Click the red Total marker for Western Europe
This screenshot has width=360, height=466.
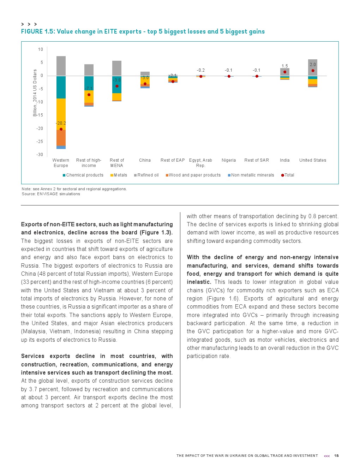click(x=61, y=129)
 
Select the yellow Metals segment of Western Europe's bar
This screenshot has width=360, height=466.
click(x=61, y=114)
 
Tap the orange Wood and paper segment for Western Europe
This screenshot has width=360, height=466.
click(x=61, y=138)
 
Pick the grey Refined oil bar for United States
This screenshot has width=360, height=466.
click(x=313, y=67)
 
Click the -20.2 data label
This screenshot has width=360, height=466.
click(x=61, y=123)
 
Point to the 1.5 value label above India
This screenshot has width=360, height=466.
click(x=285, y=66)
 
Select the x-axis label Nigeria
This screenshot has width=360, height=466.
click(x=229, y=160)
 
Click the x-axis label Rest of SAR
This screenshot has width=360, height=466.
click(x=257, y=160)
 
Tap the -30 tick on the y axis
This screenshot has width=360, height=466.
click(x=40, y=155)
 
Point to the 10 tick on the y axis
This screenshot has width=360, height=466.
click(x=41, y=49)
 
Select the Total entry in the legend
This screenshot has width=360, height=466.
click(x=288, y=175)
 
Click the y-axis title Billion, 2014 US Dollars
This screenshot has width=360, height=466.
click(x=35, y=93)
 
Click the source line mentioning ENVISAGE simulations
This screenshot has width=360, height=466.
click(x=51, y=194)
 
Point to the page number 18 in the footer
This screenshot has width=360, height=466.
click(x=336, y=456)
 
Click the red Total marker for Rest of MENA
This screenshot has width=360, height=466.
click(x=117, y=86)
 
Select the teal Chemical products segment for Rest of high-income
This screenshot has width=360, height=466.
click(x=89, y=83)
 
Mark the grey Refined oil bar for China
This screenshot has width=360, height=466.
click(x=145, y=73)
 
